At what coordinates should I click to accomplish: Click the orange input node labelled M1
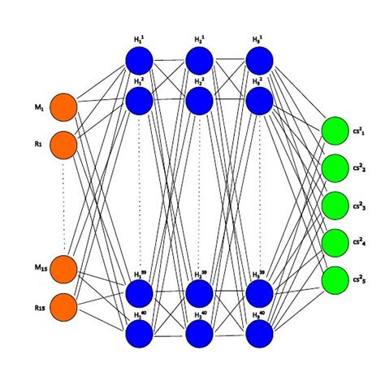click(63, 108)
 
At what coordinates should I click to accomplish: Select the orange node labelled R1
click(63, 145)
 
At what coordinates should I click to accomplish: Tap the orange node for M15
click(63, 269)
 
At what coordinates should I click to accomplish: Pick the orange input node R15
click(63, 306)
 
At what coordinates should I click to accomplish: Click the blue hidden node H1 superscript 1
click(139, 60)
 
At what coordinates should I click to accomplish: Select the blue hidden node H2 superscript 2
click(199, 100)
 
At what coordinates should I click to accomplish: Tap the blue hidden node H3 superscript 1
click(259, 60)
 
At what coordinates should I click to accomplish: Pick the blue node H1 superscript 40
click(139, 333)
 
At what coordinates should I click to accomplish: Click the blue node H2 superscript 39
click(199, 293)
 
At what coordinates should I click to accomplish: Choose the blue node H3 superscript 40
click(259, 333)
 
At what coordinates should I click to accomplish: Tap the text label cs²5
click(361, 280)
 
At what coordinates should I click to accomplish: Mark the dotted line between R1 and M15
click(63, 207)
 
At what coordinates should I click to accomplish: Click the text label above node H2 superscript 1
click(199, 39)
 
